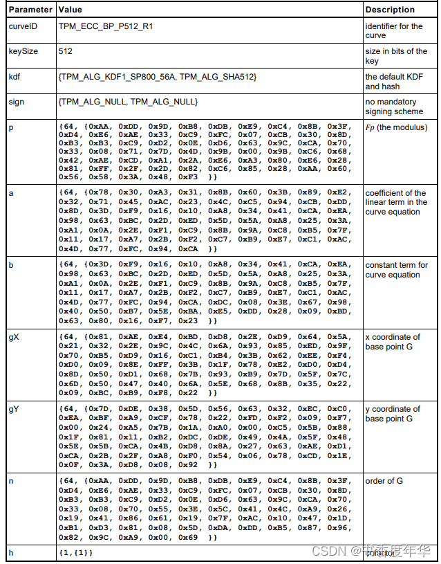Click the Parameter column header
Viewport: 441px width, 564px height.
click(29, 10)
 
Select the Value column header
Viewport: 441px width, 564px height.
click(71, 10)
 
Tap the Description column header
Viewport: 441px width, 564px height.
click(390, 10)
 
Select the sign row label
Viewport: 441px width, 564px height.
click(16, 102)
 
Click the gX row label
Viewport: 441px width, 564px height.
click(14, 337)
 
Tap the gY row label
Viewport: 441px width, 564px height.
click(14, 409)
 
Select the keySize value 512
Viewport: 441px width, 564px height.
click(66, 51)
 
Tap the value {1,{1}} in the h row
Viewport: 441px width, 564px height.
click(76, 552)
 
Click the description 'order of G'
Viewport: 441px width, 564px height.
click(384, 481)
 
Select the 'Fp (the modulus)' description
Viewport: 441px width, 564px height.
click(396, 127)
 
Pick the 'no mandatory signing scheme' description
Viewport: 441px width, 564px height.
click(394, 107)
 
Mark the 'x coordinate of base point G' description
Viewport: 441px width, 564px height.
click(392, 342)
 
